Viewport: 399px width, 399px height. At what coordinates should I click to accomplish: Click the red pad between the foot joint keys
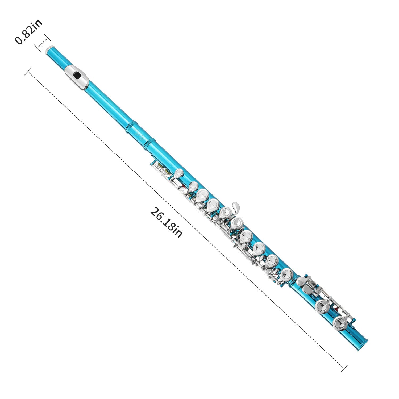[x=337, y=309]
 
